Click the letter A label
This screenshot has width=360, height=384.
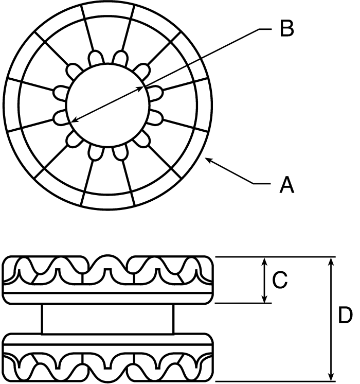(286, 185)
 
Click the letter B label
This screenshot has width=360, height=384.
(287, 28)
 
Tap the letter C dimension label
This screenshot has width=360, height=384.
(279, 280)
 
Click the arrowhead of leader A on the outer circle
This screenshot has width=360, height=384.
(208, 160)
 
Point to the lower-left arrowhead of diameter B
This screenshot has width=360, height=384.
(75, 120)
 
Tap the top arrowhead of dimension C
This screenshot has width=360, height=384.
(264, 261)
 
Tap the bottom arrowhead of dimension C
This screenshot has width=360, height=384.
(264, 299)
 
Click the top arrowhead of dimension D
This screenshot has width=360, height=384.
(331, 261)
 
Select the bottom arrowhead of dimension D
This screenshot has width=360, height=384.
(331, 377)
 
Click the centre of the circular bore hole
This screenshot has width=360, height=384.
(107, 106)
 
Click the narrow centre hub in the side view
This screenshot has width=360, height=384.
(107, 319)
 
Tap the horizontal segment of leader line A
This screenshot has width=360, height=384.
(262, 183)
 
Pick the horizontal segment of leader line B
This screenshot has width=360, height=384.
(265, 29)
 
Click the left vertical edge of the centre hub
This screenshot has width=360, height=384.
(42, 319)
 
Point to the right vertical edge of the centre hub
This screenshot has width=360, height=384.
(173, 319)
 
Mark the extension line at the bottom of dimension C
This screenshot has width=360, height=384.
(243, 303)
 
